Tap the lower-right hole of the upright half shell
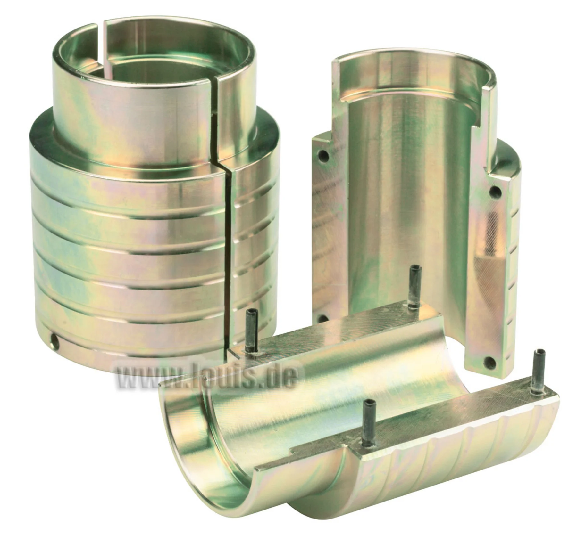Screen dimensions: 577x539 (x=489, y=362)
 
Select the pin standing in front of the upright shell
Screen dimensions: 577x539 (x=414, y=287)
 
